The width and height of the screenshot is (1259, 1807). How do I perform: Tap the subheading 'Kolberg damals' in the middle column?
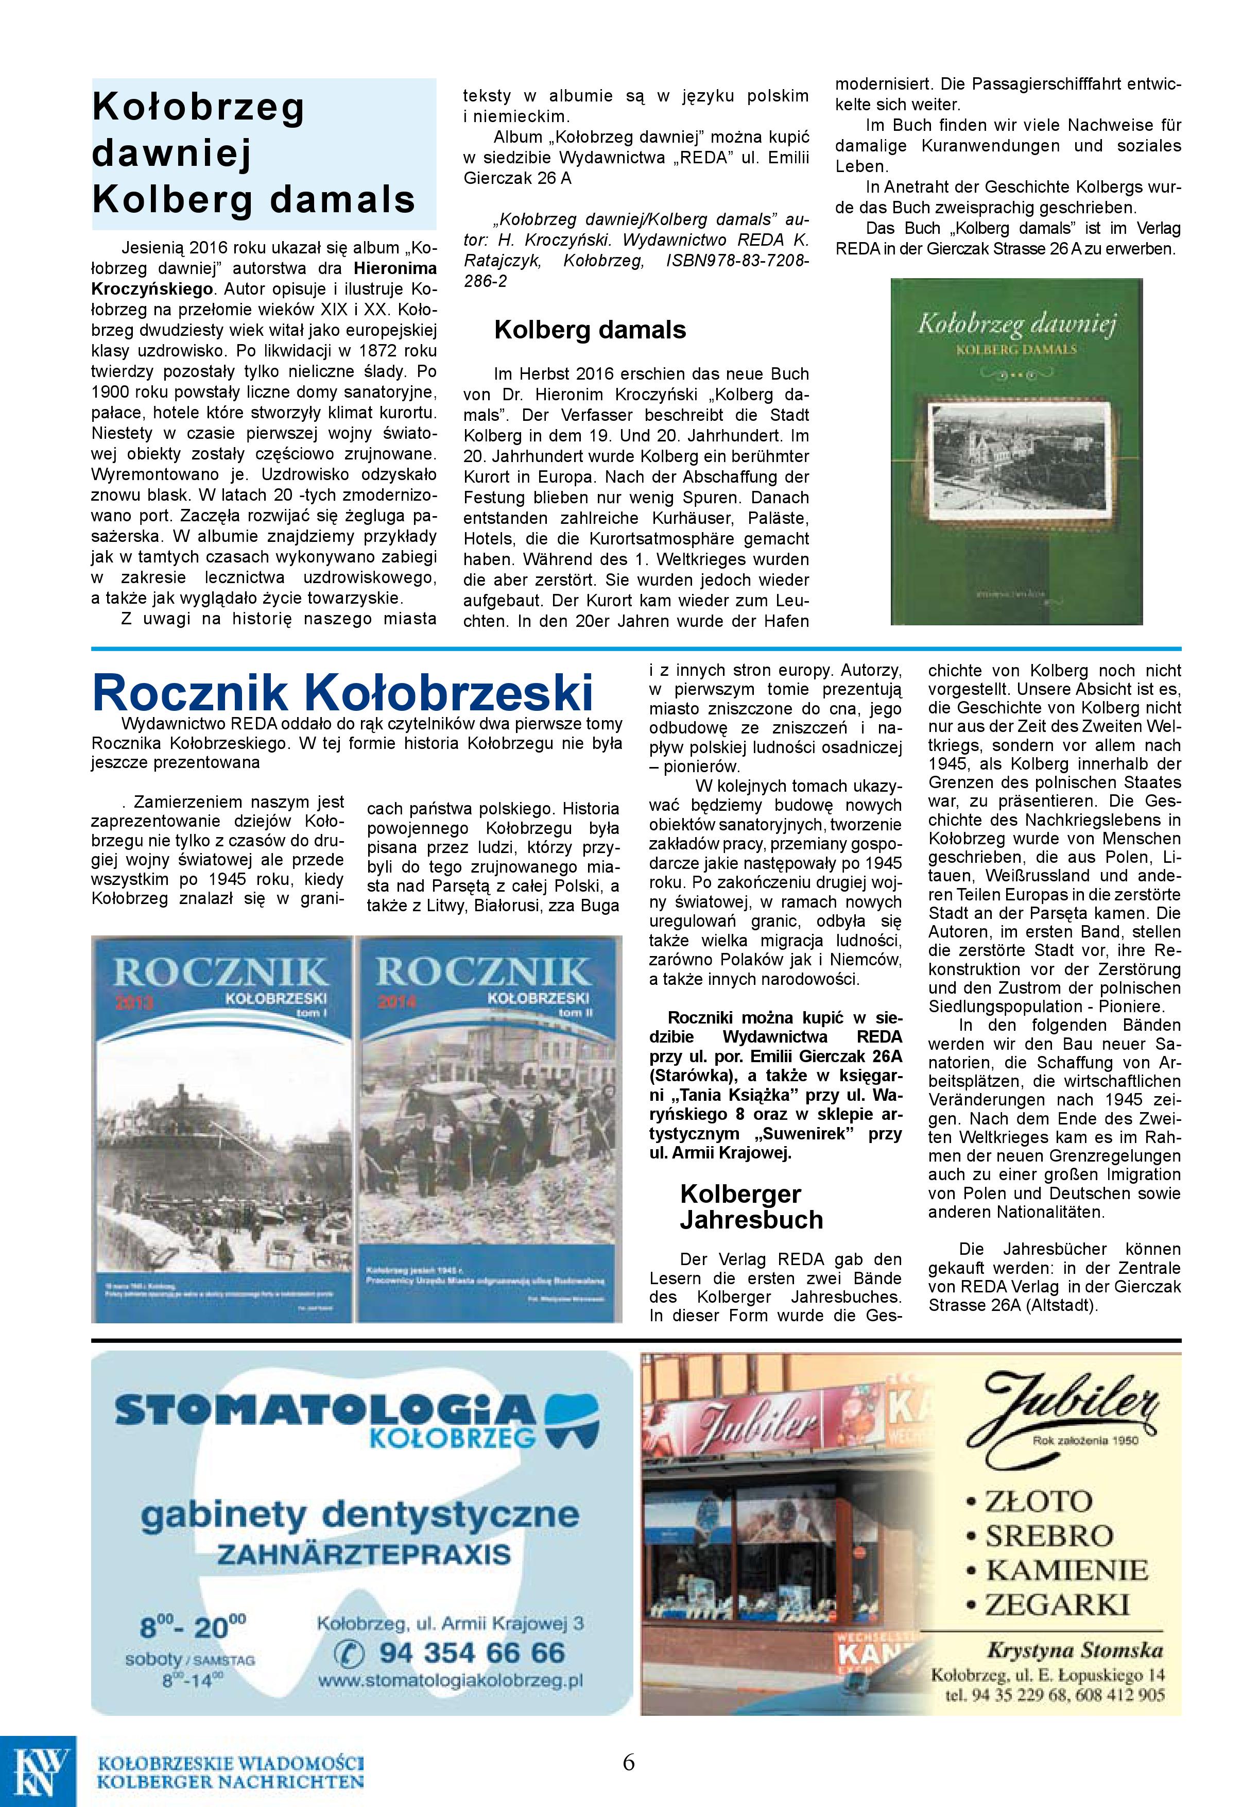coord(590,330)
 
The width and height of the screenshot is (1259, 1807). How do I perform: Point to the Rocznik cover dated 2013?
coord(222,1129)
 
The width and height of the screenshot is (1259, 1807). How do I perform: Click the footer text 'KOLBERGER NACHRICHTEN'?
coord(230,1781)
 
